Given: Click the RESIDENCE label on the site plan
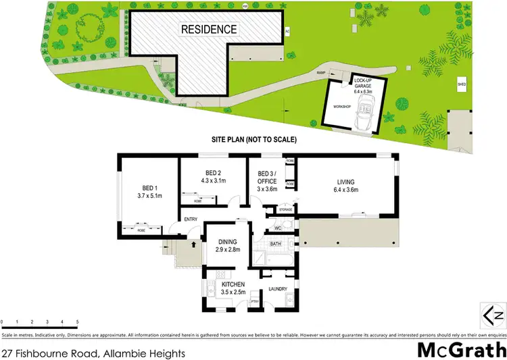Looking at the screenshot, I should coord(208,29).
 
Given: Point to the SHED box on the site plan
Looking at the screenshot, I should coord(462,84).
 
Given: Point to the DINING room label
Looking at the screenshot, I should coord(228,242).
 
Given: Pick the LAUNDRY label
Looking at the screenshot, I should coord(278,288).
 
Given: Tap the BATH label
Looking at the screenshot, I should coord(275,243).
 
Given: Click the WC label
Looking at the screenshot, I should coord(278,228).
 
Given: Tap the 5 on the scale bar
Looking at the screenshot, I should coord(78,322).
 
